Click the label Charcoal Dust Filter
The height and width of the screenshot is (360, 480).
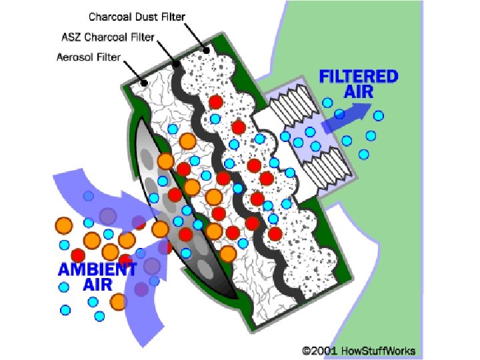pos(137,15)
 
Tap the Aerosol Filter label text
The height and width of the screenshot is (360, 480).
pos(89,57)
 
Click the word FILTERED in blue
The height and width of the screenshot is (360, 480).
pos(358,76)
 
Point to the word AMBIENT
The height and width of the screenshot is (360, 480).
pos(97,270)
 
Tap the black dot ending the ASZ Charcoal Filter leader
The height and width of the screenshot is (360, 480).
pos(177,65)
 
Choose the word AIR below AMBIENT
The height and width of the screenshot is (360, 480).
pos(97,285)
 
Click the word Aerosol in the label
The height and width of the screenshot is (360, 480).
pos(75,57)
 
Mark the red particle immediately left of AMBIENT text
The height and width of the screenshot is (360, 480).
pos(78,255)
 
